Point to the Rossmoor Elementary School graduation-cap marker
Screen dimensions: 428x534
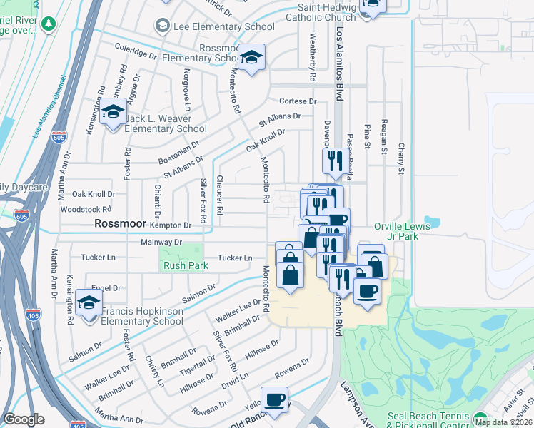[x=251, y=58]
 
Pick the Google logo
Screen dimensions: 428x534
[x=24, y=419]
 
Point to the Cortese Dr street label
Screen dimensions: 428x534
[x=297, y=101]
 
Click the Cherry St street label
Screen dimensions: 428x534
[x=400, y=158]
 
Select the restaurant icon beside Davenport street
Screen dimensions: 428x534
[x=333, y=160]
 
